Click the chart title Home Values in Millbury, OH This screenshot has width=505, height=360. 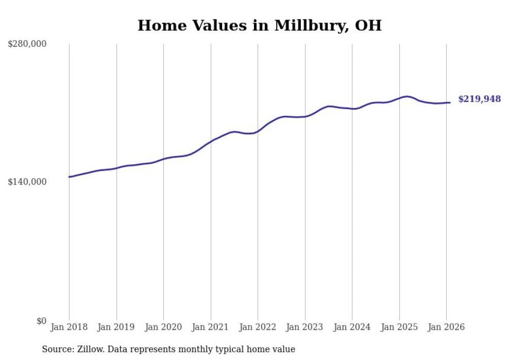[x=259, y=25]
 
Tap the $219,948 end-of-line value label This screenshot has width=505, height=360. [x=479, y=99]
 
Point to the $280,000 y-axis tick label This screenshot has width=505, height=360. [x=27, y=44]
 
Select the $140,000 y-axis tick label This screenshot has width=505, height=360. [x=27, y=182]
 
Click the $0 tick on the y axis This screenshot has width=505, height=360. [x=41, y=321]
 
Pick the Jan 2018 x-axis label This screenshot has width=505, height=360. [x=69, y=327]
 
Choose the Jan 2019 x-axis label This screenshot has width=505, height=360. [x=116, y=327]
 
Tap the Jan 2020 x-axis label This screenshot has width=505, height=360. [x=163, y=327]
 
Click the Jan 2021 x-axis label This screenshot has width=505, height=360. [x=210, y=327]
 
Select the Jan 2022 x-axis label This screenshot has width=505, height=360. [x=258, y=327]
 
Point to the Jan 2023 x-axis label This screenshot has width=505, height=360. [x=305, y=327]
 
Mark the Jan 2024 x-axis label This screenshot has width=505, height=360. [x=352, y=327]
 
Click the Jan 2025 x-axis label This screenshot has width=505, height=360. [x=399, y=327]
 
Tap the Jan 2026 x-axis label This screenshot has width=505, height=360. [x=446, y=327]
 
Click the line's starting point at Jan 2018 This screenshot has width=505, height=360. [x=69, y=177]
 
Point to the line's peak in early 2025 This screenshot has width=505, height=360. [x=407, y=96]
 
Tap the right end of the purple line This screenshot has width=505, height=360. [x=450, y=102]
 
